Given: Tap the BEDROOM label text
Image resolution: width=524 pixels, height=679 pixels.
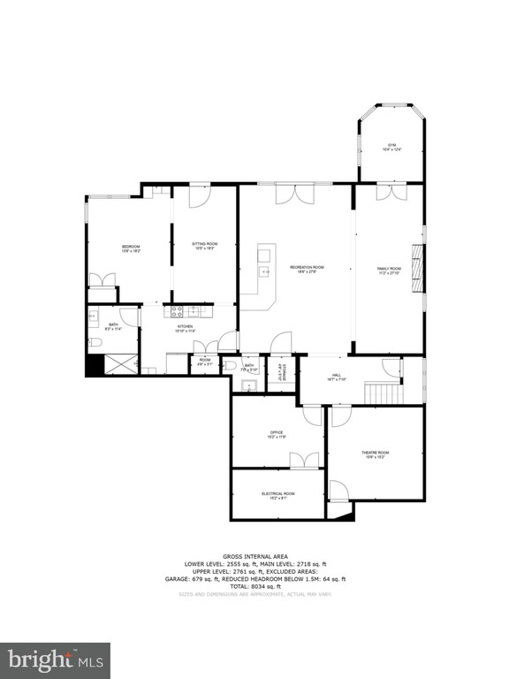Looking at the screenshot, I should tap(131, 248).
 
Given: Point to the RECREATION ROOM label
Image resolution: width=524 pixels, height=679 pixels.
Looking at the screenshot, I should tap(307, 268).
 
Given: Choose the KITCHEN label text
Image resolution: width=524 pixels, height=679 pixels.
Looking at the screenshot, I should tap(186, 329).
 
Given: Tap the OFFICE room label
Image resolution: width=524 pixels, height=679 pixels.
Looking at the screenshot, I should tap(277, 434).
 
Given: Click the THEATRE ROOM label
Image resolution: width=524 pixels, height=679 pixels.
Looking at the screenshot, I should tap(375, 454).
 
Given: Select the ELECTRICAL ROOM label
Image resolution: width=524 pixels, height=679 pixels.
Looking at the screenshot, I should tap(277, 495).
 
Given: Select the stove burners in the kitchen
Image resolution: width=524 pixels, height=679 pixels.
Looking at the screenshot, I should tap(174, 310).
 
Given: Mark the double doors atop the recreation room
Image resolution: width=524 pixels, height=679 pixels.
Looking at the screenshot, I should tap(288, 195).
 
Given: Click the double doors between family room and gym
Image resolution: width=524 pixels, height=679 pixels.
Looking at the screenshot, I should tap(390, 192).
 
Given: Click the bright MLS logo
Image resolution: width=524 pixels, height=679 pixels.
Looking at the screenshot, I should tap(55, 660).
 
